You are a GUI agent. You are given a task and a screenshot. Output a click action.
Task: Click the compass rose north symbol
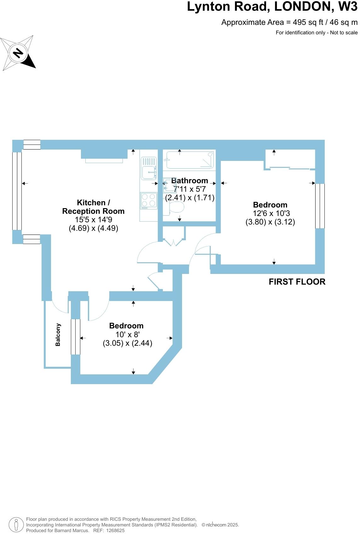[18, 53]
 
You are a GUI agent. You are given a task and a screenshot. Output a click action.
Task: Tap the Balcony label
[58, 335]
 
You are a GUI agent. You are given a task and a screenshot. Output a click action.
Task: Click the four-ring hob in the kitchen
[149, 200]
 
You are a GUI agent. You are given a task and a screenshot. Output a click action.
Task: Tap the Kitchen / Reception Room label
[93, 207]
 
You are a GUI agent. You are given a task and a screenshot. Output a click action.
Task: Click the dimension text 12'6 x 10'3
[271, 213]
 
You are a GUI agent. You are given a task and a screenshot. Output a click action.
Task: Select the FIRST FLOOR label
[297, 282]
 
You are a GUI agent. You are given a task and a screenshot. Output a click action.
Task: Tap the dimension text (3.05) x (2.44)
[127, 343]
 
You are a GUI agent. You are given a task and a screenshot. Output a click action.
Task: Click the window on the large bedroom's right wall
[320, 206]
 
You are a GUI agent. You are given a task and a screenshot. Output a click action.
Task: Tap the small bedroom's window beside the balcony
[76, 337]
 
